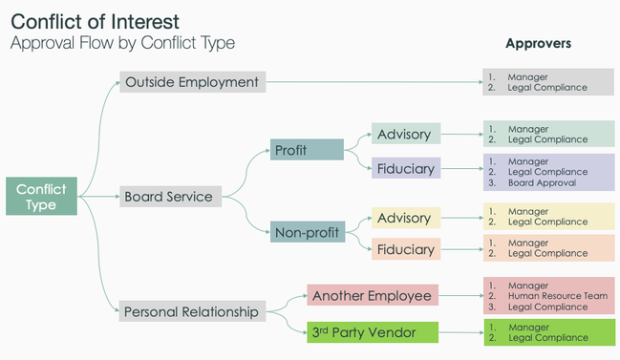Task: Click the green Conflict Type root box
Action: click(41, 197)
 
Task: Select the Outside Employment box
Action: click(191, 82)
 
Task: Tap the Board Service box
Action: click(170, 198)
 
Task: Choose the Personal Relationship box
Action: click(191, 310)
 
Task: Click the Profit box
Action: click(306, 150)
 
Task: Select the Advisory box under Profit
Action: click(404, 134)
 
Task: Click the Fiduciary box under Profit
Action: click(404, 168)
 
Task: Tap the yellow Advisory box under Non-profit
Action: click(404, 219)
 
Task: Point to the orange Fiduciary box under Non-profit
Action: click(404, 250)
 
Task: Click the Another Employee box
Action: click(372, 296)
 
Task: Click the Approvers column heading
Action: click(538, 44)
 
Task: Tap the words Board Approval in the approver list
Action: click(542, 183)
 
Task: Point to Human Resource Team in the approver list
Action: click(557, 296)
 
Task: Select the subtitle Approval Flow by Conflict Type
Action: click(121, 43)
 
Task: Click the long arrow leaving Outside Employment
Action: click(373, 82)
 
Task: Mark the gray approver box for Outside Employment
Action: click(548, 82)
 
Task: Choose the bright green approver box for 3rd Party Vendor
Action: click(548, 332)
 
